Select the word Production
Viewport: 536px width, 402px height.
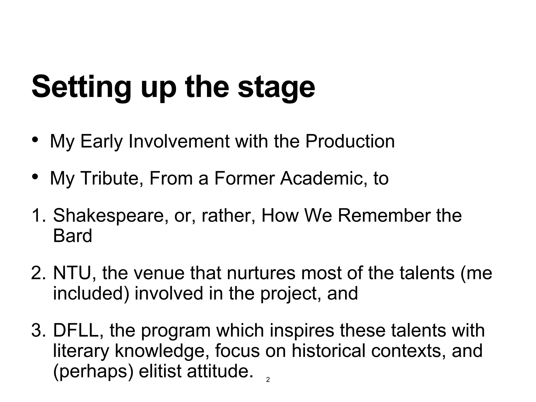point(350,142)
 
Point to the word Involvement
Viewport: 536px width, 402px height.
point(179,142)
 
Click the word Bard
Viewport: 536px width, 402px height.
point(72,236)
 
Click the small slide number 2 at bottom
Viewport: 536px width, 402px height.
point(268,380)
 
